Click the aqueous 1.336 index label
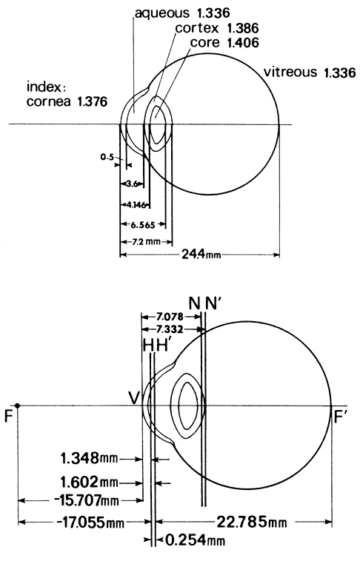[x=182, y=13]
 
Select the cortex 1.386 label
[x=217, y=28]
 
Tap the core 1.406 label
[x=224, y=43]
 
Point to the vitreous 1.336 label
[x=310, y=73]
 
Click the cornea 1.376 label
[x=67, y=101]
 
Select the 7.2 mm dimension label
[x=146, y=241]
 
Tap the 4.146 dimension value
[x=136, y=205]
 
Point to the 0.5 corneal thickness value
[x=107, y=157]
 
